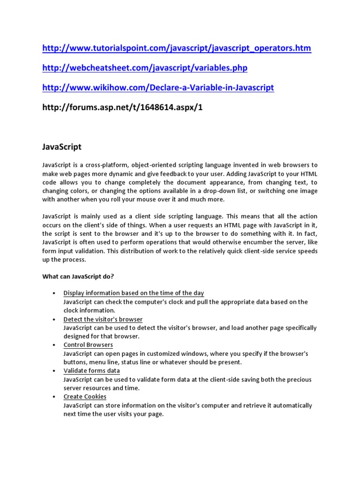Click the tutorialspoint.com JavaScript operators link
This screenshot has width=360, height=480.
176,48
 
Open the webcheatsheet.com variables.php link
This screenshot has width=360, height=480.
144,68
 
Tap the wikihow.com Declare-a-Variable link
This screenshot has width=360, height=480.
158,88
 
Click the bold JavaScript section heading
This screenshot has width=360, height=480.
61,147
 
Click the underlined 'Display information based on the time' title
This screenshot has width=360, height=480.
134,293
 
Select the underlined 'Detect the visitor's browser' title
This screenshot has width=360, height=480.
103,319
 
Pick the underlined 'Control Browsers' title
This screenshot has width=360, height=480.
88,345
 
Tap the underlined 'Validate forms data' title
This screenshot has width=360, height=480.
91,371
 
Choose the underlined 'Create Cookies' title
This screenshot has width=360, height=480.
85,397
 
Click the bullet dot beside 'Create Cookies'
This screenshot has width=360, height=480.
54,397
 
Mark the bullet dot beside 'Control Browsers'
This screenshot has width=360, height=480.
54,345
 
